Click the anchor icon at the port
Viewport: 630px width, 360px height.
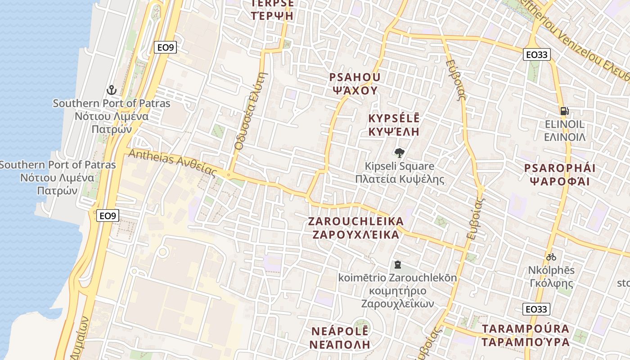click(111, 90)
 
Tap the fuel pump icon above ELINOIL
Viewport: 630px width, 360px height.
click(564, 111)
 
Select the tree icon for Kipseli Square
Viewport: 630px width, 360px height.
click(399, 153)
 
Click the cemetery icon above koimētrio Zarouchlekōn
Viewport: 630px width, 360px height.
click(397, 264)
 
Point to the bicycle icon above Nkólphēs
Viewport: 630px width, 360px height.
click(551, 257)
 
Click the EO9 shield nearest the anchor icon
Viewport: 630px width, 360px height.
click(164, 47)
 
